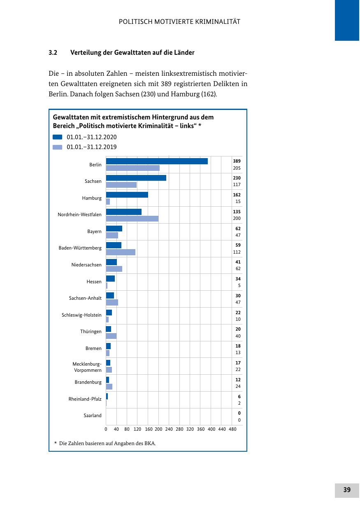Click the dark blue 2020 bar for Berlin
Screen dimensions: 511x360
pyautogui.click(x=157, y=161)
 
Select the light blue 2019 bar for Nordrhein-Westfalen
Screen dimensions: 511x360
pyautogui.click(x=132, y=219)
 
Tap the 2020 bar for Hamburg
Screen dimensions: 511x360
pyautogui.click(x=127, y=195)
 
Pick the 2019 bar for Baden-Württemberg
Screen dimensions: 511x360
pyautogui.click(x=121, y=252)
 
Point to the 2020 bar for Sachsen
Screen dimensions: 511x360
pyautogui.click(x=136, y=178)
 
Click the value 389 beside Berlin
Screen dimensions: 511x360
pyautogui.click(x=237, y=161)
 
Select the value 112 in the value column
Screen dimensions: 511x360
pyautogui.click(x=237, y=252)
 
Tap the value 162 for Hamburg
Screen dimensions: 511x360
pyautogui.click(x=237, y=195)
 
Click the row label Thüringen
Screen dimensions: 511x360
pyautogui.click(x=91, y=331)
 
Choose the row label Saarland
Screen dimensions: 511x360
pyautogui.click(x=93, y=415)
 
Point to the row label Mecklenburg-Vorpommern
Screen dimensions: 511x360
pyautogui.click(x=87, y=367)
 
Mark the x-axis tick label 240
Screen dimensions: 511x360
pyautogui.click(x=169, y=429)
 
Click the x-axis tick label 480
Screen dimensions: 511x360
pyautogui.click(x=232, y=429)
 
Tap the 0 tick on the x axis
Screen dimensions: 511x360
pyautogui.click(x=106, y=429)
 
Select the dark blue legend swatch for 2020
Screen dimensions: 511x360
pyautogui.click(x=58, y=137)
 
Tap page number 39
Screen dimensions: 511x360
pyautogui.click(x=347, y=490)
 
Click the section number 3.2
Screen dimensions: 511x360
pyautogui.click(x=53, y=53)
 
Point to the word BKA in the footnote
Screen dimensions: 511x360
pyautogui.click(x=150, y=443)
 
